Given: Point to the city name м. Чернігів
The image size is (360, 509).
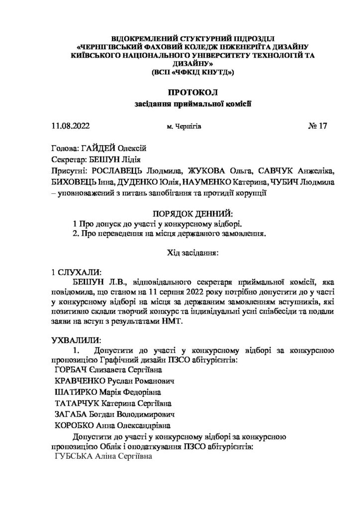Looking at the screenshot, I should click(184, 127).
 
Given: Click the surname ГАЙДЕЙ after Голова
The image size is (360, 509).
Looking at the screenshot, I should click(101, 148).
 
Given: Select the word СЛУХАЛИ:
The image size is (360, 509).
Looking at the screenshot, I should click(80, 273).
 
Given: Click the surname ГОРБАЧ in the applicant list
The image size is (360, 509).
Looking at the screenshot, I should click(72, 370).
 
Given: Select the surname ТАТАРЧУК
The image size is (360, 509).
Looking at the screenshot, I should click(80, 403).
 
